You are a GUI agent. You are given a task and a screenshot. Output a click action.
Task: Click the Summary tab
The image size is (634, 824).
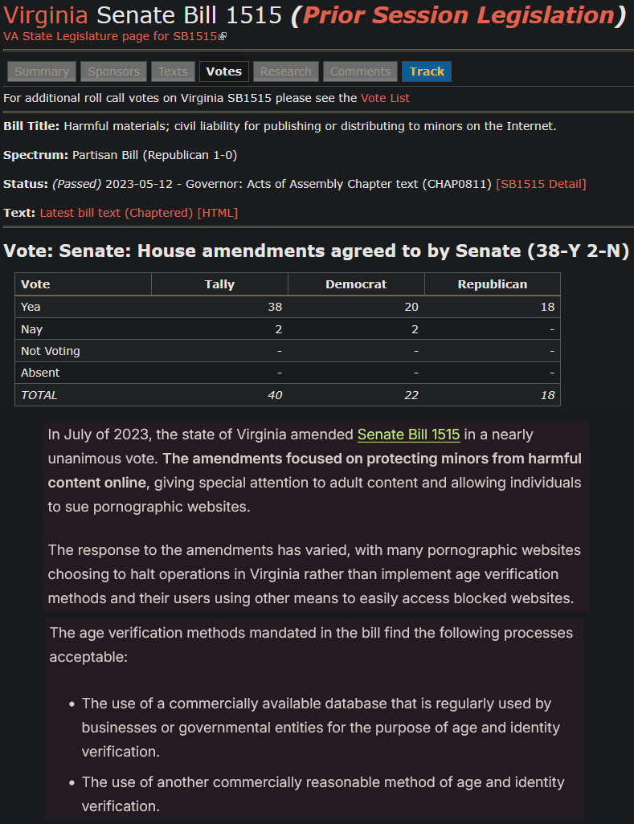(42, 71)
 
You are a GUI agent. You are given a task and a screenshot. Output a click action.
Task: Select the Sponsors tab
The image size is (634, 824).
(114, 71)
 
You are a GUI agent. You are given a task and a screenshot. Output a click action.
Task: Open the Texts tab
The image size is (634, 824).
(173, 71)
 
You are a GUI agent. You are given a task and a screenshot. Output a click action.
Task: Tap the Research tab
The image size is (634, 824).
(285, 71)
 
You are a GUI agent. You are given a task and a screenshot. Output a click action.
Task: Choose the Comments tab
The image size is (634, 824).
(360, 71)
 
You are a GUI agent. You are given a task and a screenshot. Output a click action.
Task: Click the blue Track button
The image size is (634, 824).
(427, 71)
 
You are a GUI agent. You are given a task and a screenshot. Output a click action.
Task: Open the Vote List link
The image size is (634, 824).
(385, 98)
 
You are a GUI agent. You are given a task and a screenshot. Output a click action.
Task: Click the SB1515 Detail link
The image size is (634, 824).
(541, 184)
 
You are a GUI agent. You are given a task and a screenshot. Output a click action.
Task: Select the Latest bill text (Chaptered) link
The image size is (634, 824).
(117, 213)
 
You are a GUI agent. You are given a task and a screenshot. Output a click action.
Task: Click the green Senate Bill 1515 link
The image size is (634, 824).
(408, 434)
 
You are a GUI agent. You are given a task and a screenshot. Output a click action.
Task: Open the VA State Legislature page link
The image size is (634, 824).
(112, 36)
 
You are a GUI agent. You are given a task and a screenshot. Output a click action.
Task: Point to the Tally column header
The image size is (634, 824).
(219, 284)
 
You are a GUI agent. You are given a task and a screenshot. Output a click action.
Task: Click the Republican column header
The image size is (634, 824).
(492, 284)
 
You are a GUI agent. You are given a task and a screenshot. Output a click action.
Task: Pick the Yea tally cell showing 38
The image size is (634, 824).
(274, 307)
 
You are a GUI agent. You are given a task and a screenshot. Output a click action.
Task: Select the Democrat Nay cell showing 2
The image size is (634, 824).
(413, 329)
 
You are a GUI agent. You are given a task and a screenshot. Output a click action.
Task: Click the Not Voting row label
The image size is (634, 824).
(51, 351)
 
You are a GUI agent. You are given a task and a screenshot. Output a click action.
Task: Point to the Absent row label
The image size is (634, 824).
(40, 373)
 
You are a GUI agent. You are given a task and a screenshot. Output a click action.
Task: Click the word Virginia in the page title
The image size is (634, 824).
(47, 14)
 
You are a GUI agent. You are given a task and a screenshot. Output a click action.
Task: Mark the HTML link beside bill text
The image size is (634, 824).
(218, 213)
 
